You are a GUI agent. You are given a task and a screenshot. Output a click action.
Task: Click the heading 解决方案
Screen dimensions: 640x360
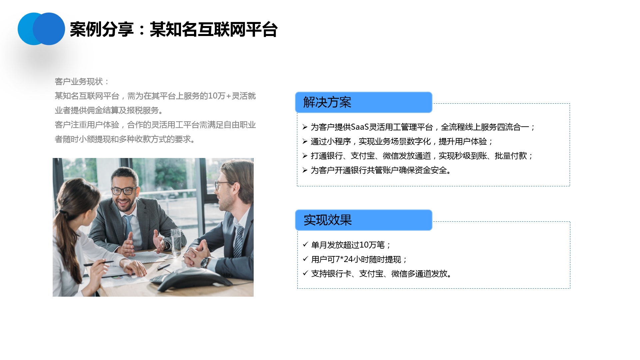tap(327, 102)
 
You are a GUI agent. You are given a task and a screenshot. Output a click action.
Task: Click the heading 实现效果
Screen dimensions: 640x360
tap(328, 220)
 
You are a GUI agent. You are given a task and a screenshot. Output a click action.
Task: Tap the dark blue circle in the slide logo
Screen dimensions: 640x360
tap(49, 29)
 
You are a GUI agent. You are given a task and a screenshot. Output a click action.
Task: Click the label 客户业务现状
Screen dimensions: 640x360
tap(79, 82)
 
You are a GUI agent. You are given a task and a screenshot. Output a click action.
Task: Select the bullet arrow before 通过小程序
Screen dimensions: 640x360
tap(305, 141)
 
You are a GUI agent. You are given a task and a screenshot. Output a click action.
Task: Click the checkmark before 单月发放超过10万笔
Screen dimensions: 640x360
tap(305, 244)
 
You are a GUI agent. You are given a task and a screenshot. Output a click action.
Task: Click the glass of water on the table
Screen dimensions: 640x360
tap(176, 242)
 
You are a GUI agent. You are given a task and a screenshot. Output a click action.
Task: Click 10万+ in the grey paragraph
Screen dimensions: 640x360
tap(220, 96)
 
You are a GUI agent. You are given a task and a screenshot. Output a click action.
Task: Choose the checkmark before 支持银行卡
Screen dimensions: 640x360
tap(305, 273)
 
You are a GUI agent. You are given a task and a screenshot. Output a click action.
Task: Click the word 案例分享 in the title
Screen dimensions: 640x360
tap(102, 29)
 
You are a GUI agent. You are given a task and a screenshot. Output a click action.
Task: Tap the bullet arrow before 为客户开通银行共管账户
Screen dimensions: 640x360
tap(305, 170)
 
